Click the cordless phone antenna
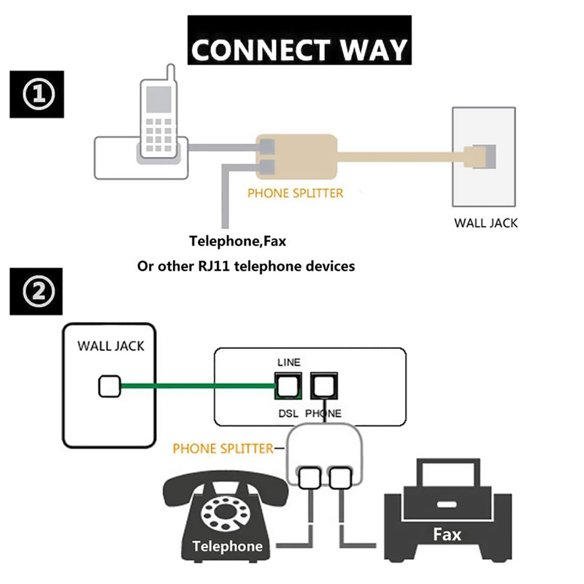pyautogui.click(x=169, y=74)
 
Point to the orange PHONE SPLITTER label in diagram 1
pyautogui.click(x=295, y=193)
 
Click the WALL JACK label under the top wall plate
pyautogui.click(x=485, y=222)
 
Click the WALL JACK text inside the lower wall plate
pyautogui.click(x=111, y=345)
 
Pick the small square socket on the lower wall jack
pyautogui.click(x=109, y=385)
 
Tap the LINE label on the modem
pyautogui.click(x=288, y=362)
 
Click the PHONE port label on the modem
pyautogui.click(x=323, y=413)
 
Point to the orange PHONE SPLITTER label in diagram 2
pyautogui.click(x=223, y=447)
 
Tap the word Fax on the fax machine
pyautogui.click(x=446, y=534)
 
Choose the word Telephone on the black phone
pyautogui.click(x=227, y=545)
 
